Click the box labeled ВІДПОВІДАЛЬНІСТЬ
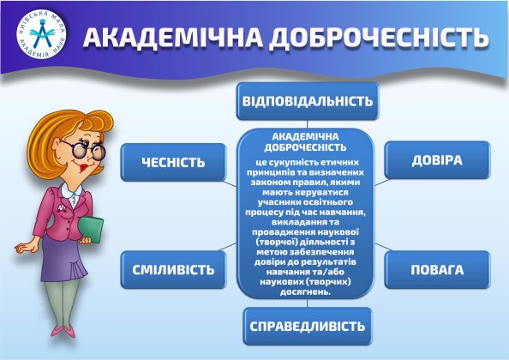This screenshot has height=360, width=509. [x=307, y=100]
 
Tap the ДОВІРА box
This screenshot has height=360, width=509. [x=436, y=160]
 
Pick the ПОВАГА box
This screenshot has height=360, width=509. [x=436, y=269]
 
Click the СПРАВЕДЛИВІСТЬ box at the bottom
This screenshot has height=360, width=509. [x=307, y=326]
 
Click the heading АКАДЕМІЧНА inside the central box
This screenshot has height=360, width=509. [x=306, y=136]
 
